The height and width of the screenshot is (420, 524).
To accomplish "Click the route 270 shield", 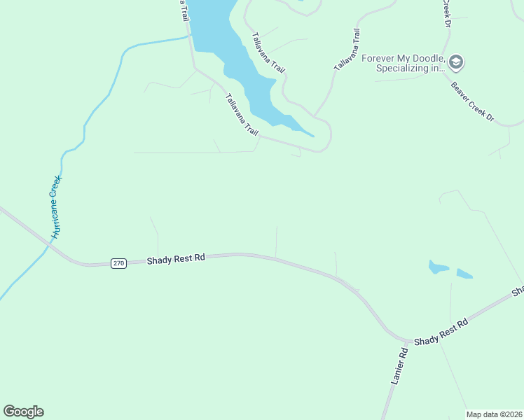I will coord(118,263).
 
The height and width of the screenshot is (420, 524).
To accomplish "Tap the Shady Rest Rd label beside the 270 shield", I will coord(176,259).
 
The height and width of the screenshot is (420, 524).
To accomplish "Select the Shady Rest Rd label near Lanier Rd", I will coord(440,332).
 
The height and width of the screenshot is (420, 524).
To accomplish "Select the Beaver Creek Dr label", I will coord(473,102).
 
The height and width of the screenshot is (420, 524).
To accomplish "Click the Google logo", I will coord(24,412).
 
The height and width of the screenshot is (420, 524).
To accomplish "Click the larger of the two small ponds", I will coord(438,267).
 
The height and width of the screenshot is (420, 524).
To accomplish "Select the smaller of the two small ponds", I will coord(464,273).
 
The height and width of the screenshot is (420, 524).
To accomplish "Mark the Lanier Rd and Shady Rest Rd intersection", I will coord(408,342).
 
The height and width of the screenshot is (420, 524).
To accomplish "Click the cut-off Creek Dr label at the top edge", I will coord(446,13).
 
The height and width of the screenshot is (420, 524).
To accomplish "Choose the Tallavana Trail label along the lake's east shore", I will coord(269,52).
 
